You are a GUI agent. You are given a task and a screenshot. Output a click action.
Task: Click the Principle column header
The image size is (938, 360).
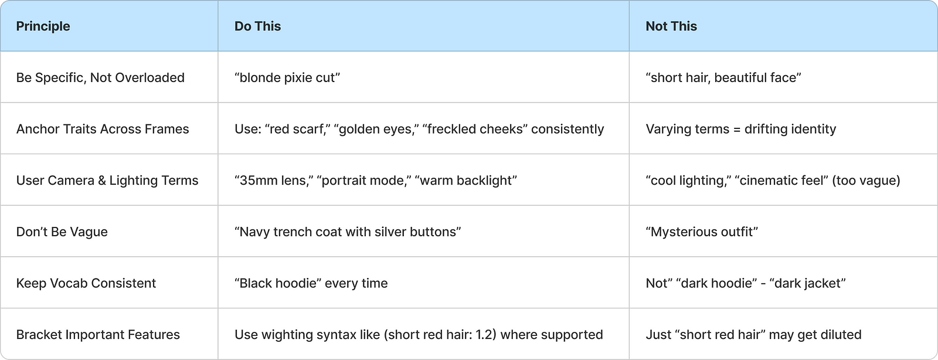point(43,26)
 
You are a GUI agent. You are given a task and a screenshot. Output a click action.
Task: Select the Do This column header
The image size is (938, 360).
point(257,26)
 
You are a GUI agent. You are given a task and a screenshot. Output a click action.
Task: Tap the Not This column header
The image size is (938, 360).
point(671,26)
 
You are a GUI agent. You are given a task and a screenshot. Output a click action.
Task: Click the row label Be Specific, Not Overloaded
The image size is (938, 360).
point(100,78)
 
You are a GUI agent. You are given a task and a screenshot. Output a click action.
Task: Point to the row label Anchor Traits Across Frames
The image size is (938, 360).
point(103,129)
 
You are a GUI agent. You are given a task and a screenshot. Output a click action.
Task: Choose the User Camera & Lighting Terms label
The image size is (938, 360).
point(107,181)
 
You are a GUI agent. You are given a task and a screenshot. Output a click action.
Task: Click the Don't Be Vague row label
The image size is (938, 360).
point(62,232)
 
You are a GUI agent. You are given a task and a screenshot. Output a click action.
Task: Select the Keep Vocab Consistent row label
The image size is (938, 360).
point(86,283)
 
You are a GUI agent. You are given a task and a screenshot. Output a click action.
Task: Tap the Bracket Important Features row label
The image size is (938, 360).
point(98,335)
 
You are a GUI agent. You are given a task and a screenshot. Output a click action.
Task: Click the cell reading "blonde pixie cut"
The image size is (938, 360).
point(287,78)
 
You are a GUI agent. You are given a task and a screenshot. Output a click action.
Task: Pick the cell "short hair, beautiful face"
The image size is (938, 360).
point(723,78)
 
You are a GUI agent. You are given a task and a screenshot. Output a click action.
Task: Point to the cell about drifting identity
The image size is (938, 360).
point(740,129)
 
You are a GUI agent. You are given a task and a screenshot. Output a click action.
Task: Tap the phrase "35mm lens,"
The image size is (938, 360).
point(272,181)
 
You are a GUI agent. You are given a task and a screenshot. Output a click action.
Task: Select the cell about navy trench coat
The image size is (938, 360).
point(348,232)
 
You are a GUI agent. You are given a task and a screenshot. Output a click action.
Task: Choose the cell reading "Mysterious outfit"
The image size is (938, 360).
point(702,232)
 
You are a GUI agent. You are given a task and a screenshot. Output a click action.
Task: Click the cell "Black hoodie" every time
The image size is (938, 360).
point(311,283)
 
